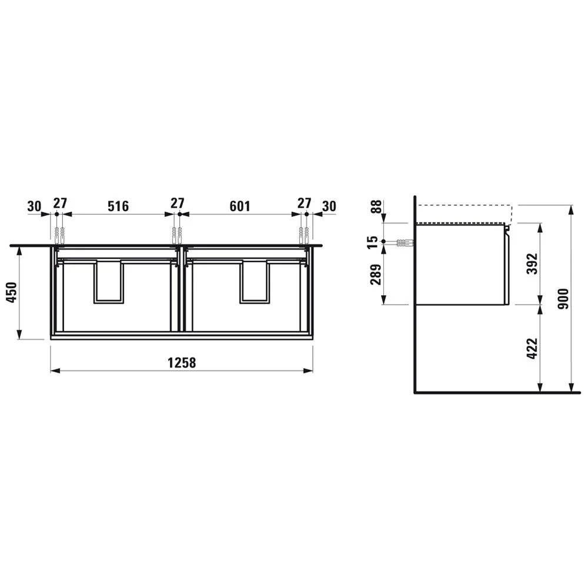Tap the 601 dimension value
tap(240, 206)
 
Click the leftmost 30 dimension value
tap(35, 206)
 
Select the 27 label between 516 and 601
tap(178, 203)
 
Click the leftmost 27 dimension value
tap(59, 203)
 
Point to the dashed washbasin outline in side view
tap(465, 206)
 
